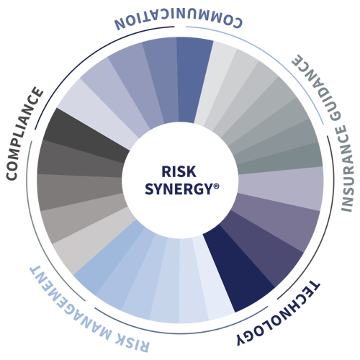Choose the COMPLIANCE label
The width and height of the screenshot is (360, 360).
pos(24,133)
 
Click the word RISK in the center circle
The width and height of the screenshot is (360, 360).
pos(179,171)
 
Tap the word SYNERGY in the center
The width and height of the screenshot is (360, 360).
pos(179,189)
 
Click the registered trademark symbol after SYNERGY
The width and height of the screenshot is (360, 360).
pos(216,186)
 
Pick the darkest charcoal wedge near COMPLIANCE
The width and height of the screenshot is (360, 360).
pos(86,135)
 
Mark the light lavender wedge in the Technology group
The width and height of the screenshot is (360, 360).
pos(281,189)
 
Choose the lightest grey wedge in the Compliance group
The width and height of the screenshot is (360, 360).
pos(91,240)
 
